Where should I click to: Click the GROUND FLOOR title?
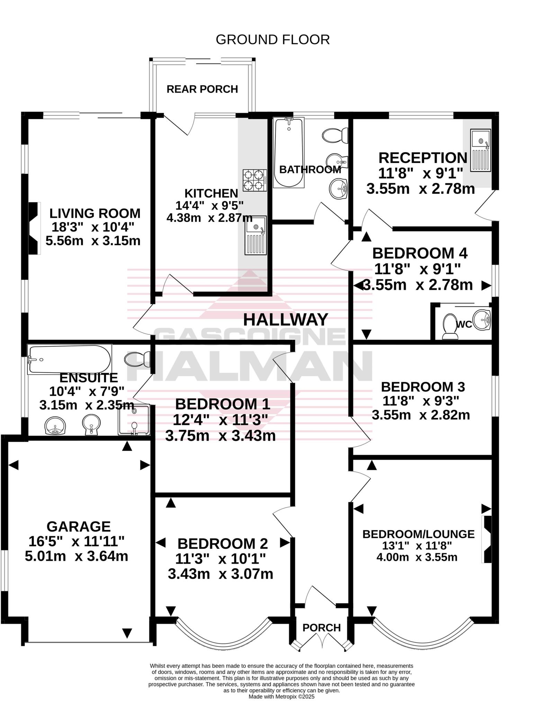(272, 40)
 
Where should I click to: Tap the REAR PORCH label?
(202, 89)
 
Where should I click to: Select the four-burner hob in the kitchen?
(254, 180)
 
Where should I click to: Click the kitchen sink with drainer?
(256, 235)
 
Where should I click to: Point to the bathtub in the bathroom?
(288, 152)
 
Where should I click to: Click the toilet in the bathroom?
(335, 135)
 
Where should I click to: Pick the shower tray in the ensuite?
(134, 420)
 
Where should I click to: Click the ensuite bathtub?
(69, 359)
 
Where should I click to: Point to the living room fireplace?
(34, 228)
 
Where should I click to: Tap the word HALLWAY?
(285, 320)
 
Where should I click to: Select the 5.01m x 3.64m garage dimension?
(77, 556)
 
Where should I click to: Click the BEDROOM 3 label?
(422, 387)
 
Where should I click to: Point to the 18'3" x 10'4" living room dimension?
(93, 227)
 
